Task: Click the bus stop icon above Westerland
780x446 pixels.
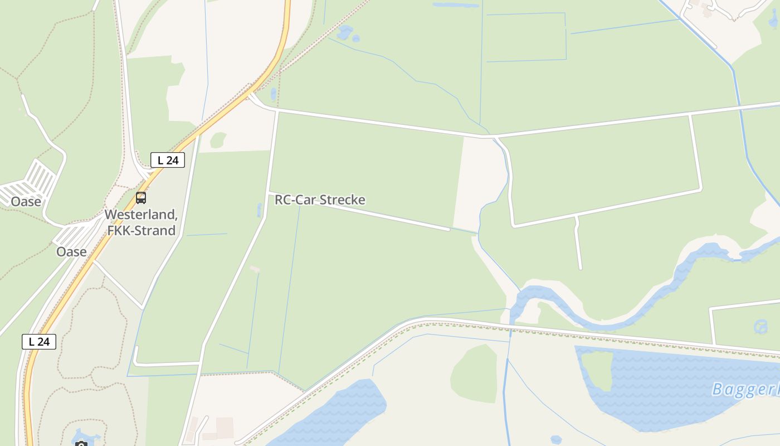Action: point(141,197)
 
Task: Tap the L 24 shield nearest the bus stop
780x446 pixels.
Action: point(167,160)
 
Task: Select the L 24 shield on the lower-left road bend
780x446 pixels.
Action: point(39,341)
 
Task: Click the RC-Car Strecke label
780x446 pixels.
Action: point(320,200)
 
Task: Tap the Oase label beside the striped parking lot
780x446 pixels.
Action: point(26,201)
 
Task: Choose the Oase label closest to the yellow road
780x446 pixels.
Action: point(71,251)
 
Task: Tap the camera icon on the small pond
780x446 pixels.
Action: point(81,444)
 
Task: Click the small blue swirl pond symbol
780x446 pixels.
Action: point(760,326)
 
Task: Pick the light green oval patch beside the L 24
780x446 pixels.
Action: point(218,140)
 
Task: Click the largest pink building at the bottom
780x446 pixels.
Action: point(225,426)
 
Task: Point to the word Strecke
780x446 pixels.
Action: point(344,200)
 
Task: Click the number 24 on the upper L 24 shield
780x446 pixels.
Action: point(173,160)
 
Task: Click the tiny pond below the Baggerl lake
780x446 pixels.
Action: point(555,440)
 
